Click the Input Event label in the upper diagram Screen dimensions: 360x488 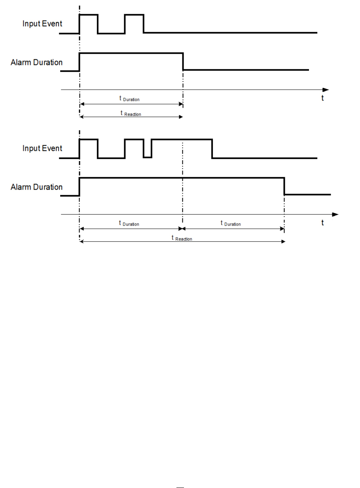point(42,23)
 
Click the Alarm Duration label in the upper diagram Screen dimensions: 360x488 point(36,62)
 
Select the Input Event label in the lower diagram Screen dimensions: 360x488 point(42,148)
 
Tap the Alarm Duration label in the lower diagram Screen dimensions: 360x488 point(36,187)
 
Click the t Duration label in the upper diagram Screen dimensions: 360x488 point(129,99)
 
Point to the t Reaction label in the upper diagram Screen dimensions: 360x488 point(131,113)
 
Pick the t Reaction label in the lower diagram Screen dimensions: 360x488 point(182,238)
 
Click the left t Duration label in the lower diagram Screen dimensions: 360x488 point(129,223)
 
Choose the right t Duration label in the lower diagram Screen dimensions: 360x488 point(231,223)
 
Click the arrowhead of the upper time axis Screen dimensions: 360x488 point(326,90)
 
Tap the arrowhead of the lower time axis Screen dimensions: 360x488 point(335,215)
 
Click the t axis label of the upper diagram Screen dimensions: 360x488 point(322,98)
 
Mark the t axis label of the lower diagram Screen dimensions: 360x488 point(322,223)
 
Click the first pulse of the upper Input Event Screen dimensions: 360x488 point(89,15)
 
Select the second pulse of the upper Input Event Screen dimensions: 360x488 point(134,15)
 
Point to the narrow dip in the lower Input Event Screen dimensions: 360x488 point(147,157)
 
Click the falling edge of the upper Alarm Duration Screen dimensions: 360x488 point(183,62)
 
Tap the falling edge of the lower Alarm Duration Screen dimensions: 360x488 point(284,186)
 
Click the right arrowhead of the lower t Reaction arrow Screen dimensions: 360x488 point(283,241)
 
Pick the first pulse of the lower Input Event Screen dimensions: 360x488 point(89,139)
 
